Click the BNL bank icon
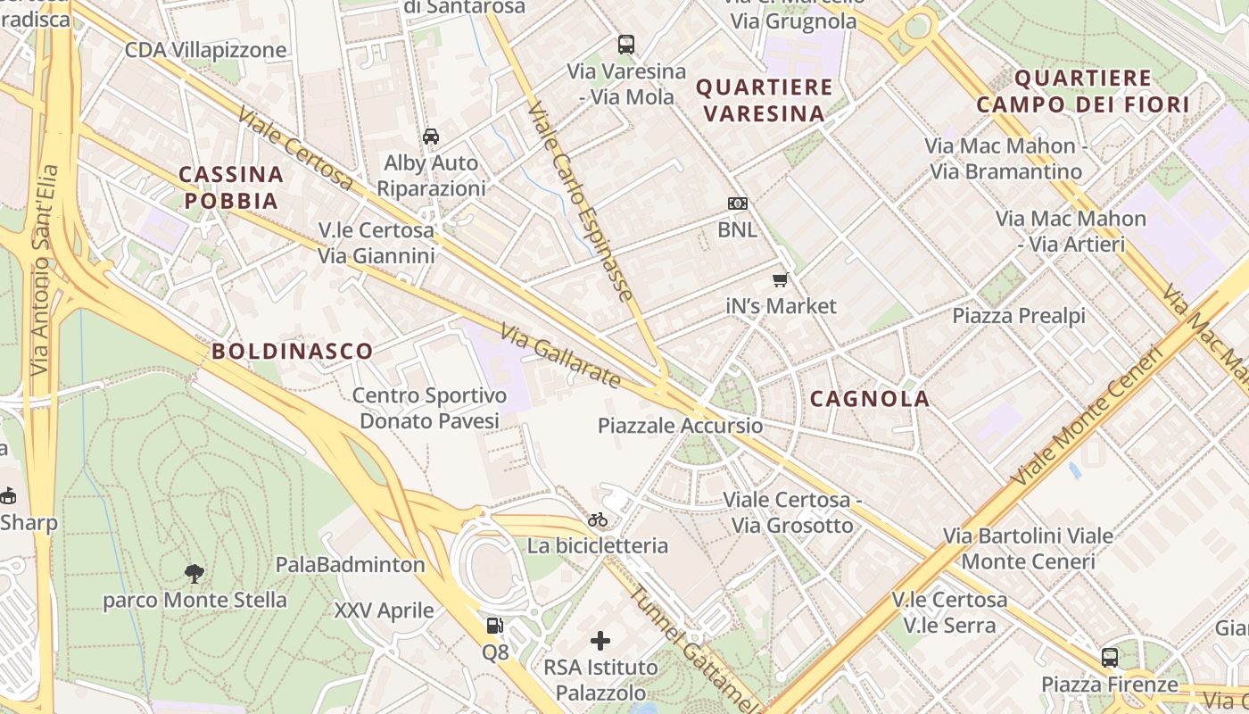[x=737, y=203]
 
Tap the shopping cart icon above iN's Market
[x=781, y=280]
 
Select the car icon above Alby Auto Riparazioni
[x=431, y=137]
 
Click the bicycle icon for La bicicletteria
[x=597, y=519]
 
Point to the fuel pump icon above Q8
[x=494, y=627]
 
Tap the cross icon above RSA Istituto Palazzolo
[x=600, y=640]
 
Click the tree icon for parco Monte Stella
[x=194, y=573]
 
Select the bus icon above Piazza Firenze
[x=1109, y=658]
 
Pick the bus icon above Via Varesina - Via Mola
[x=626, y=45]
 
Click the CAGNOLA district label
[x=870, y=399]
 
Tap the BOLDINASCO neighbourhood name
[x=293, y=351]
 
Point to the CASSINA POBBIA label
[x=231, y=187]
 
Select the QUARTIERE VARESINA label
[x=765, y=100]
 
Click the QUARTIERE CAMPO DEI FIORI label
[x=1083, y=91]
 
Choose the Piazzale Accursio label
[x=681, y=426]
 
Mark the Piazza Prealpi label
[x=1019, y=316]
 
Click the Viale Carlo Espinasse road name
[x=580, y=201]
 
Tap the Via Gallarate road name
[x=560, y=356]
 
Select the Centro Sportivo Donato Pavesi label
[x=429, y=408]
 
